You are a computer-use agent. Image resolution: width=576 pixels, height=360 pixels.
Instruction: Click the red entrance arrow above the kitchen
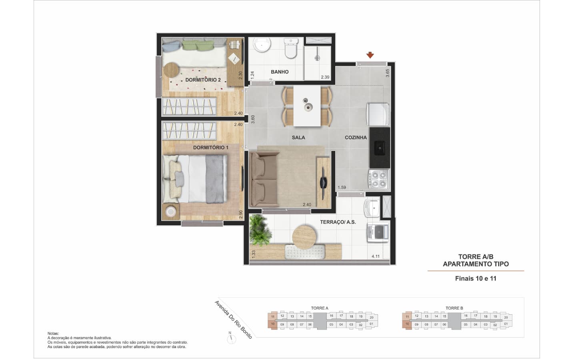[370, 55]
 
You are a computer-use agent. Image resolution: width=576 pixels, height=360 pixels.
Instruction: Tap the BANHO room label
[280, 72]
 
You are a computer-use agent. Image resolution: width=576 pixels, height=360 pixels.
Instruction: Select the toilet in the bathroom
[291, 48]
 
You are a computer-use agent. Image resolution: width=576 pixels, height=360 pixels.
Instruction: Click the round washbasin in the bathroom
[262, 45]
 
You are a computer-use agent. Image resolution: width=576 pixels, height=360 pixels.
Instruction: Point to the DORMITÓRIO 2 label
[203, 80]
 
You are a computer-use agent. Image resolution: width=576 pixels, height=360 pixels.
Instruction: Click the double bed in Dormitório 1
[195, 179]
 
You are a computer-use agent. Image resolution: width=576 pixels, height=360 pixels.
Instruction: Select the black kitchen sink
[379, 148]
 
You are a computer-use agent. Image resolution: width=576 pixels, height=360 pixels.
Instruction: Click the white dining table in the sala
[307, 106]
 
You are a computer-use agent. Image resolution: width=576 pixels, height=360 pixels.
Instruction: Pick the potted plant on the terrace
[260, 230]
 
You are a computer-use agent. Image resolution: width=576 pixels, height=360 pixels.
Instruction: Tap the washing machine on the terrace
[378, 233]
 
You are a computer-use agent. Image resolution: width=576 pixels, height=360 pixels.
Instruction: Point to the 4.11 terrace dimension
[376, 256]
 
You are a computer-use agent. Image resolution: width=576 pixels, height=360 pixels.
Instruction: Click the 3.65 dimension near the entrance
[388, 73]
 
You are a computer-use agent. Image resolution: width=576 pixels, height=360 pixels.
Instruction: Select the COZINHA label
[356, 138]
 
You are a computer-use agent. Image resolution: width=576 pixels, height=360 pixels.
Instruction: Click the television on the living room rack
[323, 183]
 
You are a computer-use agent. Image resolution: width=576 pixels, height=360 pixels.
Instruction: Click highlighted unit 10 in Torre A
[272, 324]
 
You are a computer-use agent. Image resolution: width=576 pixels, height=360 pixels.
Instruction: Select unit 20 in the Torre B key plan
[506, 317]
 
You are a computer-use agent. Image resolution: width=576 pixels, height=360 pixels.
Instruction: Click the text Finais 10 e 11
[476, 278]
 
